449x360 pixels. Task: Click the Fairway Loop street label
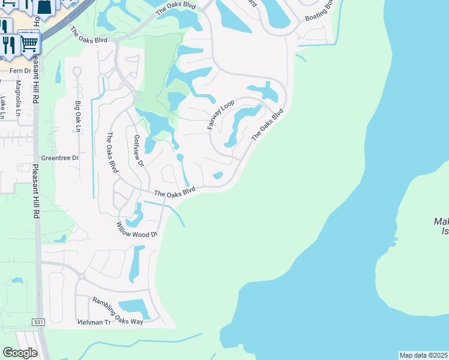pos(221,115)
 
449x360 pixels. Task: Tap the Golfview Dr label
pos(139,151)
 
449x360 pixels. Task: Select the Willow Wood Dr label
pos(137,229)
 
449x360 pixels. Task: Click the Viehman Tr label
pos(94,322)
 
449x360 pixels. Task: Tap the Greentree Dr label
pos(59,158)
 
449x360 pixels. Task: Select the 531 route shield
pos(38,322)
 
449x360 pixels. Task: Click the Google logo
pos(20,352)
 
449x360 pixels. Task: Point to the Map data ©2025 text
pos(423,355)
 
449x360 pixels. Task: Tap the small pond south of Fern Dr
pos(58,72)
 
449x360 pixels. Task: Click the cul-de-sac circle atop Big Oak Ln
pos(76,71)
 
